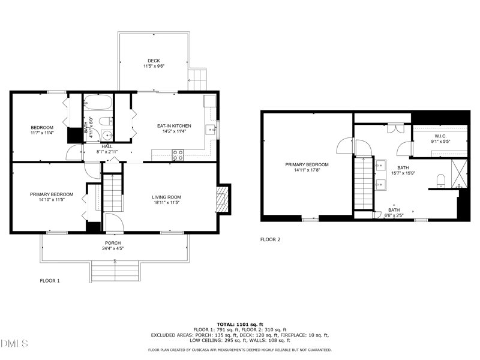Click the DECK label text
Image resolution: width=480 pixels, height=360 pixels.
coord(154,61)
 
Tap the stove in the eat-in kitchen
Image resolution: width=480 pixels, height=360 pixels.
coord(178,154)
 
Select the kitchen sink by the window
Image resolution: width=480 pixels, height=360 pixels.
coord(210,128)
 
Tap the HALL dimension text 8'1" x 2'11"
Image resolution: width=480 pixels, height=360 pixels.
coord(107,152)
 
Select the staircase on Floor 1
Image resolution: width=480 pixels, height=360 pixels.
coord(112,192)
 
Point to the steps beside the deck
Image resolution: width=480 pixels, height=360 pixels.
coord(199,78)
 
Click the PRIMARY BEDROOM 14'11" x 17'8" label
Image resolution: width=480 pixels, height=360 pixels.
coord(307,167)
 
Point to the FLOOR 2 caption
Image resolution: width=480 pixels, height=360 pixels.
coord(270,239)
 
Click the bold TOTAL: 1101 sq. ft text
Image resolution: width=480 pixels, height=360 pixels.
coord(239,324)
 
